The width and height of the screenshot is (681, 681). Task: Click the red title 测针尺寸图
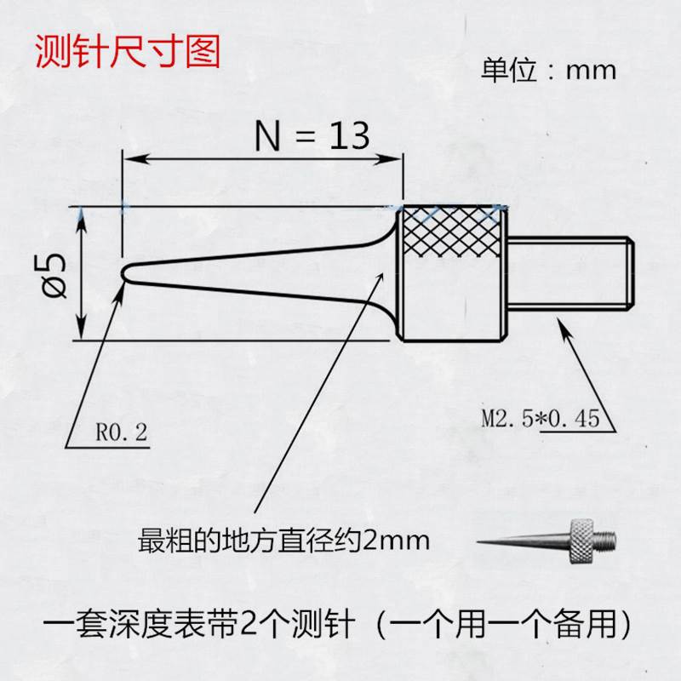pyautogui.click(x=127, y=53)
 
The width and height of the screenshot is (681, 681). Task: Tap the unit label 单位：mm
pyautogui.click(x=548, y=70)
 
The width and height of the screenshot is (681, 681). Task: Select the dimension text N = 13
pyautogui.click(x=312, y=135)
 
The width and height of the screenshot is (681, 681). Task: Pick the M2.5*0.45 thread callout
pyautogui.click(x=541, y=419)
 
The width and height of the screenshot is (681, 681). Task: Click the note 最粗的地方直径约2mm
pyautogui.click(x=284, y=540)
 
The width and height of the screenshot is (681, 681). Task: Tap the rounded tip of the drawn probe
pyautogui.click(x=127, y=272)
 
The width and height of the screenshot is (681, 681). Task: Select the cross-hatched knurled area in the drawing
pyautogui.click(x=450, y=234)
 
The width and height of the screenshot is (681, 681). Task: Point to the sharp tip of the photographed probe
pyautogui.click(x=480, y=541)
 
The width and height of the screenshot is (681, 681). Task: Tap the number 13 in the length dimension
pyautogui.click(x=346, y=135)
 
